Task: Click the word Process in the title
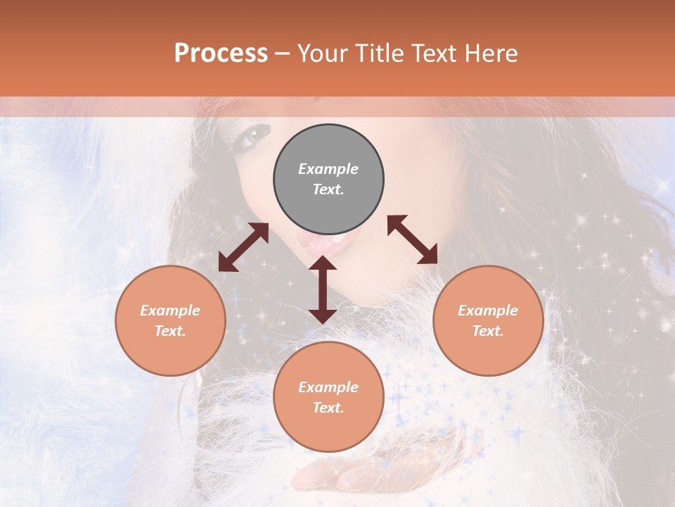(221, 54)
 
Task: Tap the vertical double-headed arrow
(323, 289)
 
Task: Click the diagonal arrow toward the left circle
(243, 247)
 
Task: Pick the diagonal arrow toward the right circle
(413, 239)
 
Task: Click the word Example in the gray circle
(328, 169)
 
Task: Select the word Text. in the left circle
(170, 331)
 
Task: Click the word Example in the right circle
(488, 311)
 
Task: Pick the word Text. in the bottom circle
(328, 408)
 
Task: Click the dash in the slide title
(282, 54)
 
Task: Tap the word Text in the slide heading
(433, 54)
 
